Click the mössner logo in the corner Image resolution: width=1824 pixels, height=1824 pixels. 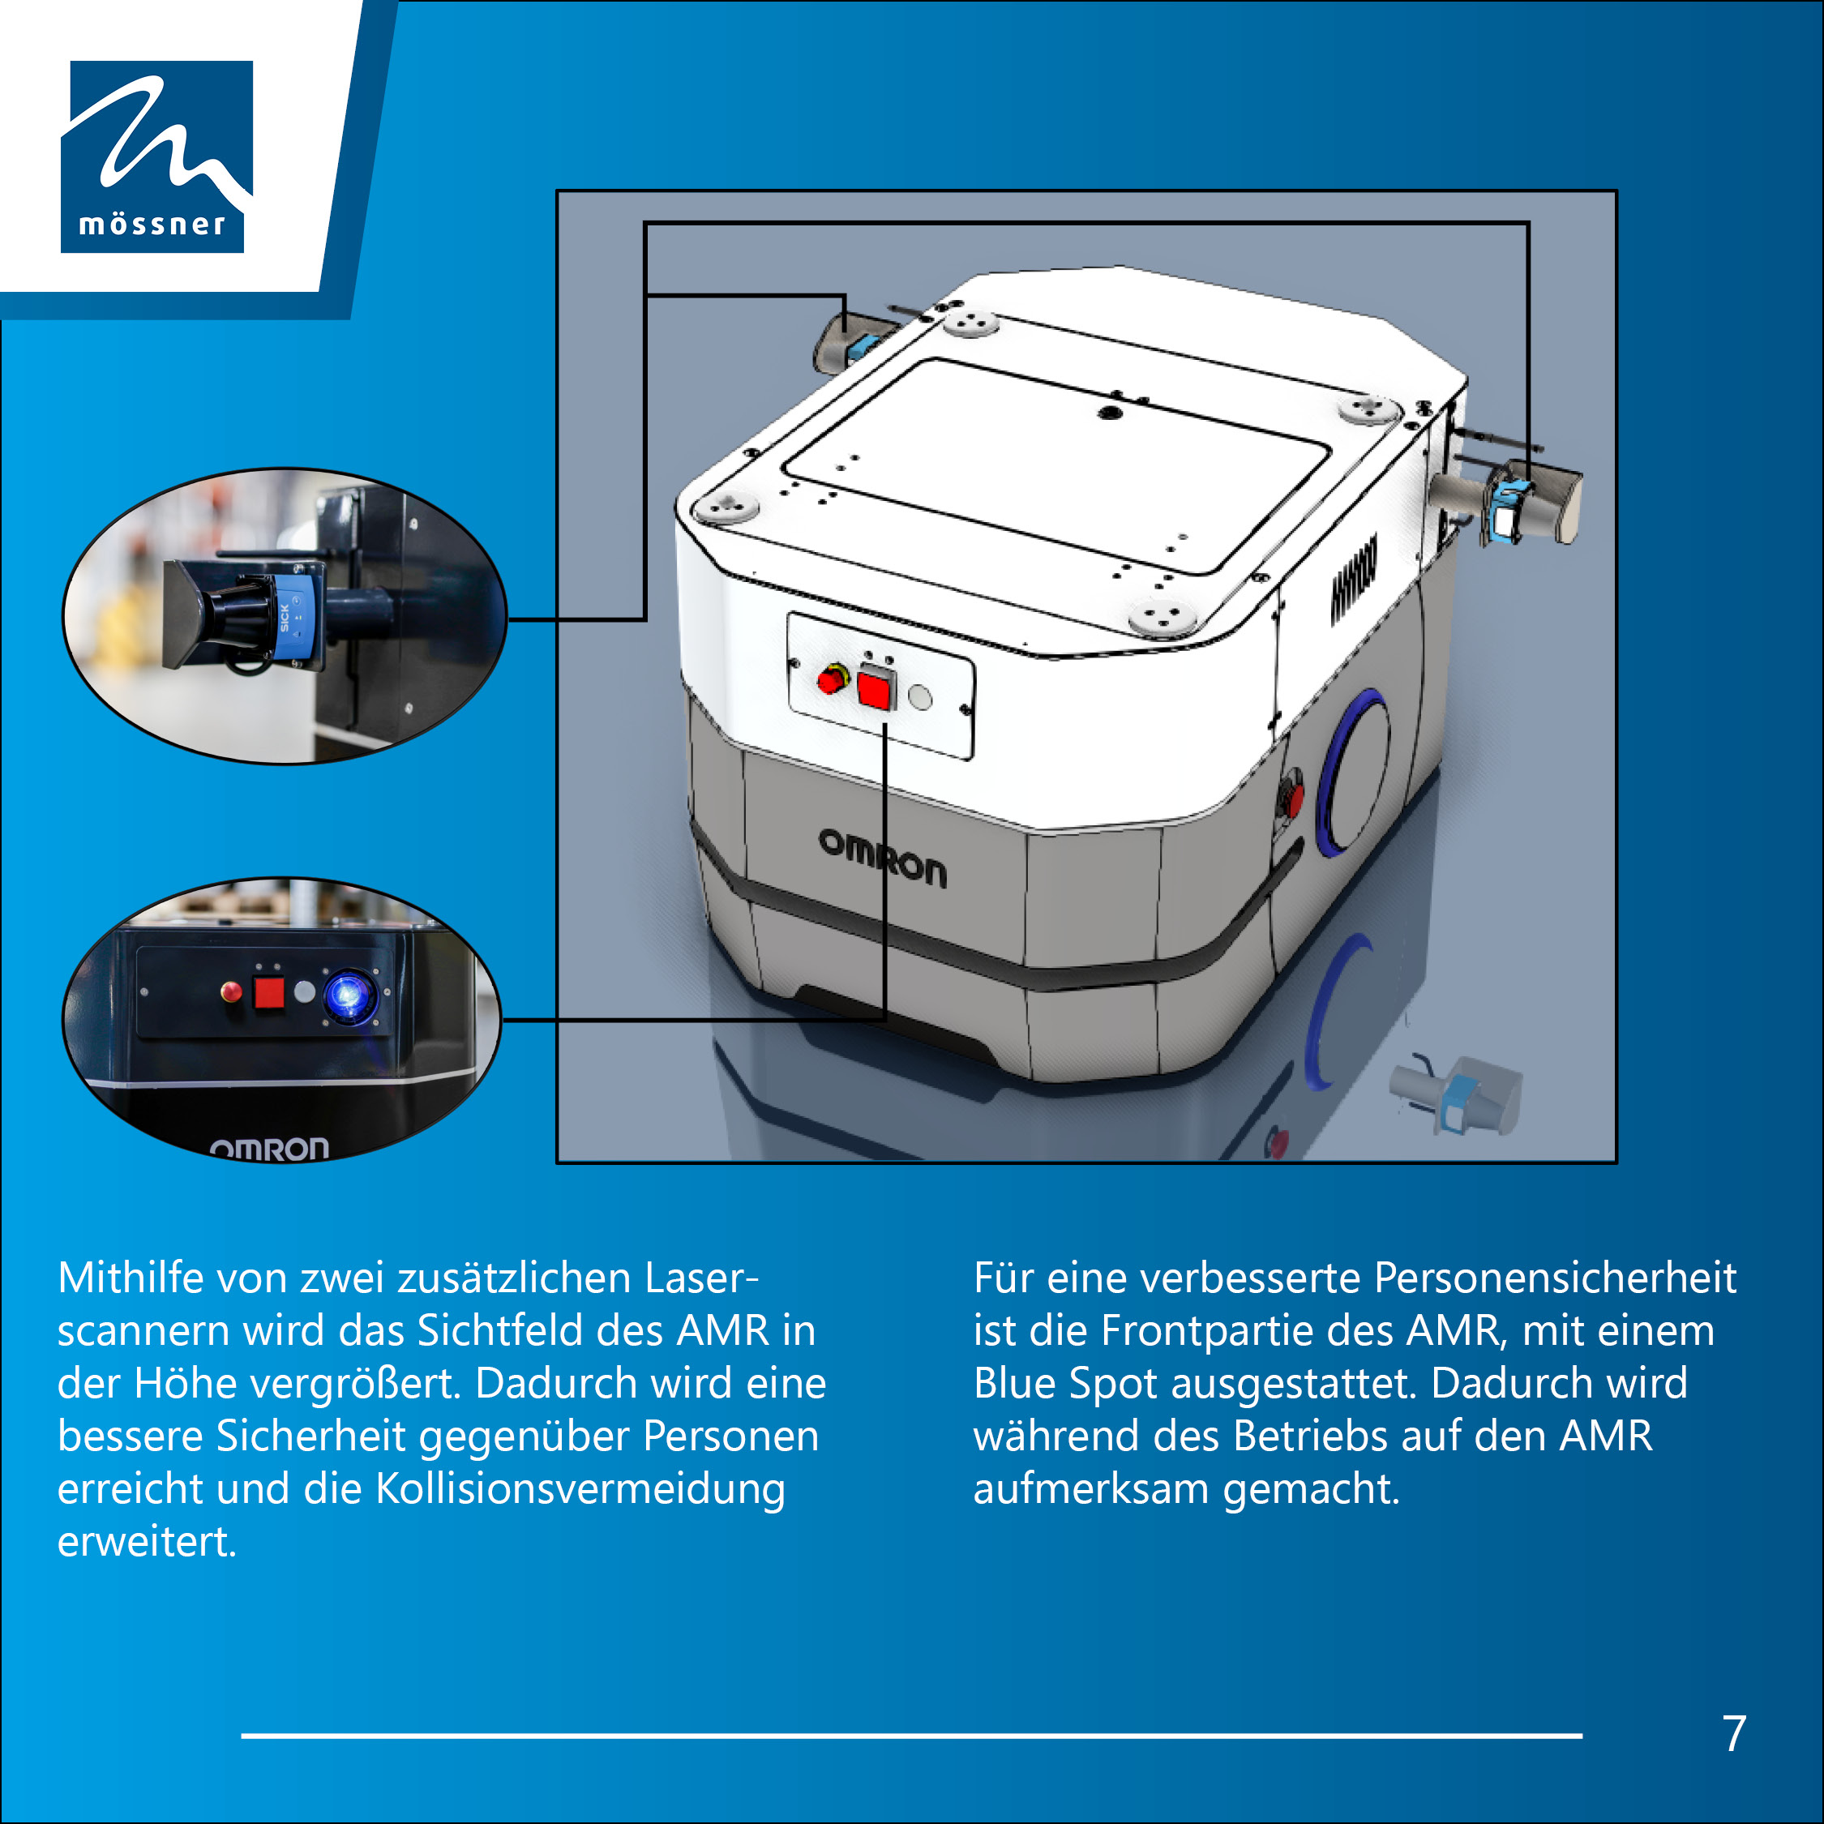pyautogui.click(x=156, y=156)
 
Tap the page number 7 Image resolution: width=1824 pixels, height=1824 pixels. pyautogui.click(x=1734, y=1733)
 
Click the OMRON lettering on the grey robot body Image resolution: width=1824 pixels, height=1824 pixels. pyautogui.click(x=882, y=857)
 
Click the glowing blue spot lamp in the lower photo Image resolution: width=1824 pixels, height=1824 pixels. pyautogui.click(x=349, y=995)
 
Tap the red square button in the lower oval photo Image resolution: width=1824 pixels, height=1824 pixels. pyautogui.click(x=269, y=992)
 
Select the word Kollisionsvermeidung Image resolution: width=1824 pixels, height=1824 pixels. pyautogui.click(x=580, y=1489)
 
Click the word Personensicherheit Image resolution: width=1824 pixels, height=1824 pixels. pyautogui.click(x=1555, y=1278)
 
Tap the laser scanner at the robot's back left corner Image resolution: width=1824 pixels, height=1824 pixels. pyautogui.click(x=855, y=338)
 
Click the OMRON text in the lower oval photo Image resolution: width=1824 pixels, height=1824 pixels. pyautogui.click(x=269, y=1148)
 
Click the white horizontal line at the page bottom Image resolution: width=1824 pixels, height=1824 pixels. pyautogui.click(x=911, y=1736)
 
